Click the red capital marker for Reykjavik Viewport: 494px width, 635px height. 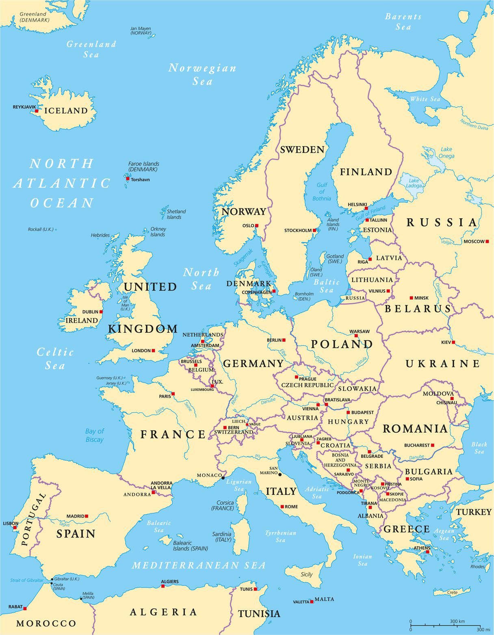click(x=37, y=111)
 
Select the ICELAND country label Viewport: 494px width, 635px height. click(x=66, y=111)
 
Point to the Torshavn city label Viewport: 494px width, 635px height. click(x=140, y=179)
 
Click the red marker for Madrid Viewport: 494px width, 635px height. click(x=86, y=516)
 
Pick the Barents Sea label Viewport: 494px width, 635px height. click(x=403, y=22)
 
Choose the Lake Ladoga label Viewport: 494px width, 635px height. click(x=414, y=183)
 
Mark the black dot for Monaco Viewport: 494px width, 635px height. click(x=223, y=478)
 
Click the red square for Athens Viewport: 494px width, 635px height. click(x=428, y=553)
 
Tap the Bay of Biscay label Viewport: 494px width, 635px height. click(x=95, y=435)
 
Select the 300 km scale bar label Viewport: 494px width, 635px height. click(x=457, y=622)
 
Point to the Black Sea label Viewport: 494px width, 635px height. click(x=479, y=448)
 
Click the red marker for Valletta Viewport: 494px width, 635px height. click(x=312, y=601)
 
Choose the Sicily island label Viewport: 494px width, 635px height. click(x=307, y=574)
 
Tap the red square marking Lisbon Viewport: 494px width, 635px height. click(x=15, y=528)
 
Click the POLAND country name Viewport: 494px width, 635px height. click(x=342, y=344)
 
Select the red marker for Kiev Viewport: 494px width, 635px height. click(x=453, y=342)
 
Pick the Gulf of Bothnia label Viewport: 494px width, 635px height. click(x=322, y=192)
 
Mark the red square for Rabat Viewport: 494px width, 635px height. click(x=25, y=608)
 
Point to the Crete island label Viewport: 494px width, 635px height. click(x=452, y=592)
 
